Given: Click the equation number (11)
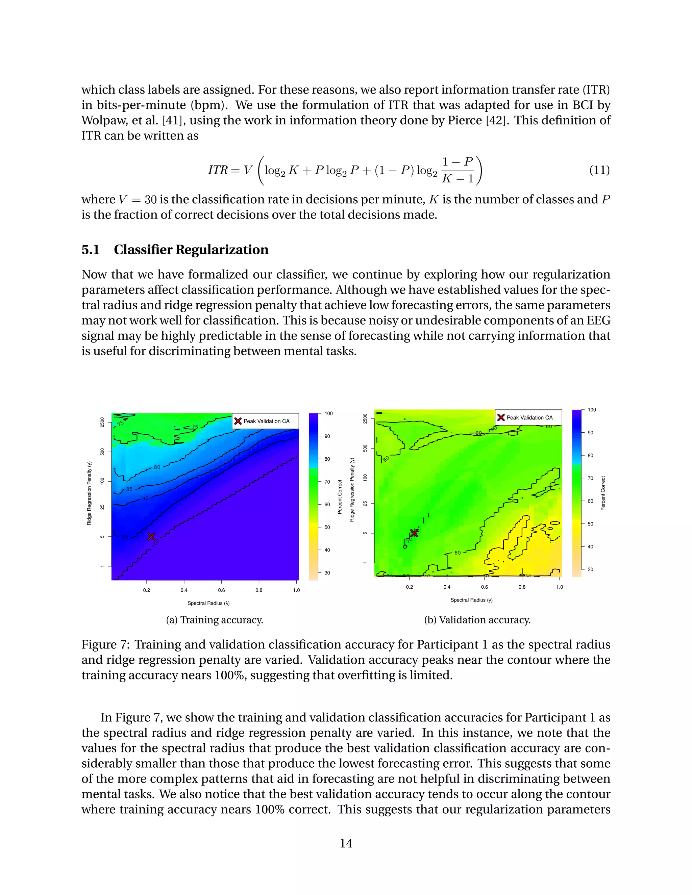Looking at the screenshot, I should point(599,170).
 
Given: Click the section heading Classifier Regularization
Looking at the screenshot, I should point(191,250).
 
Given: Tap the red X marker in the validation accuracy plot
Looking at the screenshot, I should point(414,533).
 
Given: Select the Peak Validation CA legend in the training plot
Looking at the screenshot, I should point(265,421).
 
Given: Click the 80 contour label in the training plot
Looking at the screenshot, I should point(157,467).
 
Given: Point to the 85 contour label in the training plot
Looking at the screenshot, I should point(129,489).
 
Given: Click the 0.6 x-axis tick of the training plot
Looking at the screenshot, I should point(221,590).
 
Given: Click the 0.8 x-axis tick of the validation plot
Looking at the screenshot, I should point(522,587).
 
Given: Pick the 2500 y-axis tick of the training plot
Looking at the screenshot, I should point(102,422).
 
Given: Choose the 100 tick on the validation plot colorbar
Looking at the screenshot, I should point(592,410).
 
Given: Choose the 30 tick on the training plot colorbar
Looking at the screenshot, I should point(327,573).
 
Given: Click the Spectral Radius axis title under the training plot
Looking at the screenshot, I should point(208,603).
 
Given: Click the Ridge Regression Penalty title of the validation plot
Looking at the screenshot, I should point(352,490).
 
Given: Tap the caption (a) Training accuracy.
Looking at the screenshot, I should point(215,620).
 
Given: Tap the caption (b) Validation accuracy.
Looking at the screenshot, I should point(477,620).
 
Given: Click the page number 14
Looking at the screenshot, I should point(346,843).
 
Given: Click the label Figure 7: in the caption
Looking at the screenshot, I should point(105,645).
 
